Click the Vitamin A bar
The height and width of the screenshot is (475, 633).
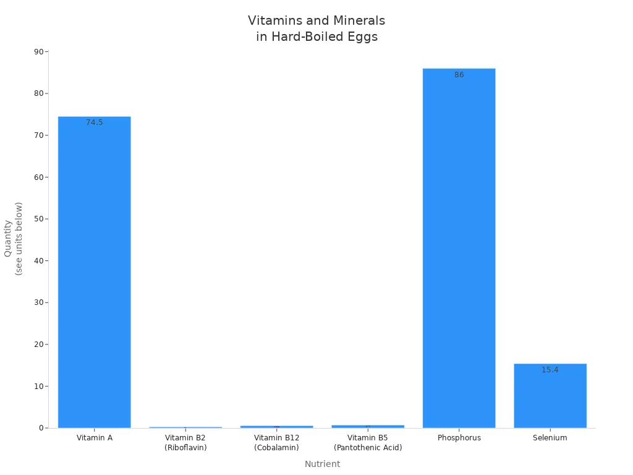94,272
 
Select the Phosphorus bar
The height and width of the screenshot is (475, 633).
459,247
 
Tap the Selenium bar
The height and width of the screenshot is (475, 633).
550,396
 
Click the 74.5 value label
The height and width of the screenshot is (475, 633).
95,122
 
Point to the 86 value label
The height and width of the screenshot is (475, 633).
459,75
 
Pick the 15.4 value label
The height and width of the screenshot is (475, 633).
550,370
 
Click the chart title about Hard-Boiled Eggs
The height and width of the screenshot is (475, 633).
316,28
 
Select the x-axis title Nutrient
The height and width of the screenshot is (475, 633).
322,464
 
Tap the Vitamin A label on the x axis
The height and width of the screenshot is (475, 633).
95,438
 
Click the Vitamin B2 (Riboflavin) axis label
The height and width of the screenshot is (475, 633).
185,442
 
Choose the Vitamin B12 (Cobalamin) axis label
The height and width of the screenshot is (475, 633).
276,442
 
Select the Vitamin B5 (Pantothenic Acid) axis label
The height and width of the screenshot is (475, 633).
368,442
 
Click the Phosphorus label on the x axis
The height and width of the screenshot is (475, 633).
459,438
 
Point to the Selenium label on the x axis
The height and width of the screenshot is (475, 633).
550,438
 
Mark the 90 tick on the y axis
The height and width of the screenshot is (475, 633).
39,52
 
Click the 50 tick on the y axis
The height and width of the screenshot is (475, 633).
39,219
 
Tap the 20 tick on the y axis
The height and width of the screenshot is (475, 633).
39,344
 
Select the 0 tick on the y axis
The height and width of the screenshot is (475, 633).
41,428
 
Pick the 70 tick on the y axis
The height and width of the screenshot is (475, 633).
39,135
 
